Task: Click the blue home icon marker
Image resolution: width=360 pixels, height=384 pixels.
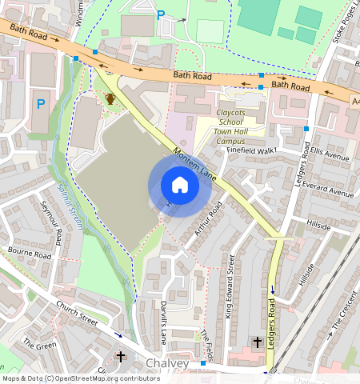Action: coord(180,185)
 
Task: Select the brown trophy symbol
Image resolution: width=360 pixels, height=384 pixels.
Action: coord(110,98)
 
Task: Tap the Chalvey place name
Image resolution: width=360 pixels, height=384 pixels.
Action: coord(167,364)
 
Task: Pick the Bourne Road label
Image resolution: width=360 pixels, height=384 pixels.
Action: coord(29,253)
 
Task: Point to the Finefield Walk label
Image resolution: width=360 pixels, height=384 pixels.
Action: coord(251,150)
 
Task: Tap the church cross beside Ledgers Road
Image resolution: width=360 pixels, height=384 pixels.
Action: coord(258,342)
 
